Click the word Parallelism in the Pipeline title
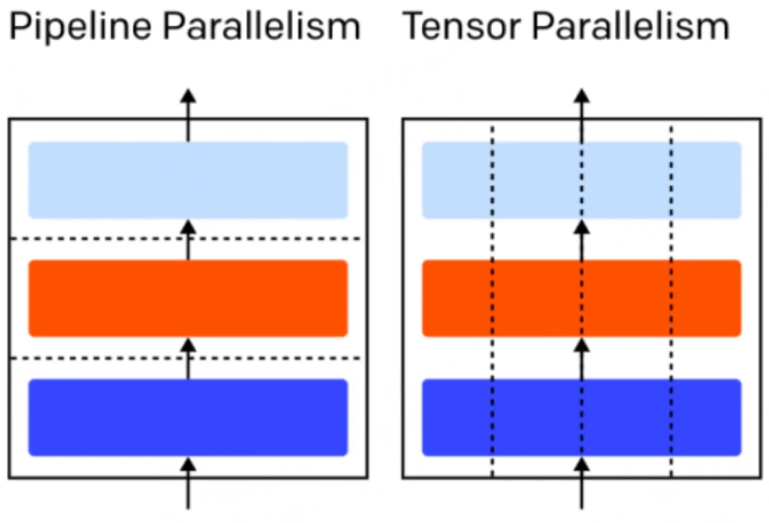pyautogui.click(x=262, y=26)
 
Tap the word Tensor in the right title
pyautogui.click(x=461, y=26)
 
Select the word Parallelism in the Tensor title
pyautogui.click(x=631, y=26)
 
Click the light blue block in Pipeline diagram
pyautogui.click(x=187, y=180)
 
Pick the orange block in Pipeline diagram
pyautogui.click(x=187, y=298)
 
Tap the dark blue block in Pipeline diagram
pyautogui.click(x=187, y=418)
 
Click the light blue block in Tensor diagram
pyautogui.click(x=582, y=180)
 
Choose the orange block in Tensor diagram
pyautogui.click(x=582, y=298)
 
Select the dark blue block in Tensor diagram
pyautogui.click(x=582, y=418)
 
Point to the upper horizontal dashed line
pyautogui.click(x=186, y=238)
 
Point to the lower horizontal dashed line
pyautogui.click(x=186, y=358)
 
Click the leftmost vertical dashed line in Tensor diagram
pyautogui.click(x=492, y=301)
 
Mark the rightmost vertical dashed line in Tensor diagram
pyautogui.click(x=671, y=301)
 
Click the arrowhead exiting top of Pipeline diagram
pyautogui.click(x=187, y=96)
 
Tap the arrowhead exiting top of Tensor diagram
pyautogui.click(x=582, y=96)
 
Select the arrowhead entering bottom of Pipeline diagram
pyautogui.click(x=187, y=465)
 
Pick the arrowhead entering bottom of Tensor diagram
pyautogui.click(x=582, y=465)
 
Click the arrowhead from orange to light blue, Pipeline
pyautogui.click(x=187, y=227)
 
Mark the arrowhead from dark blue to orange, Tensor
pyautogui.click(x=582, y=346)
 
